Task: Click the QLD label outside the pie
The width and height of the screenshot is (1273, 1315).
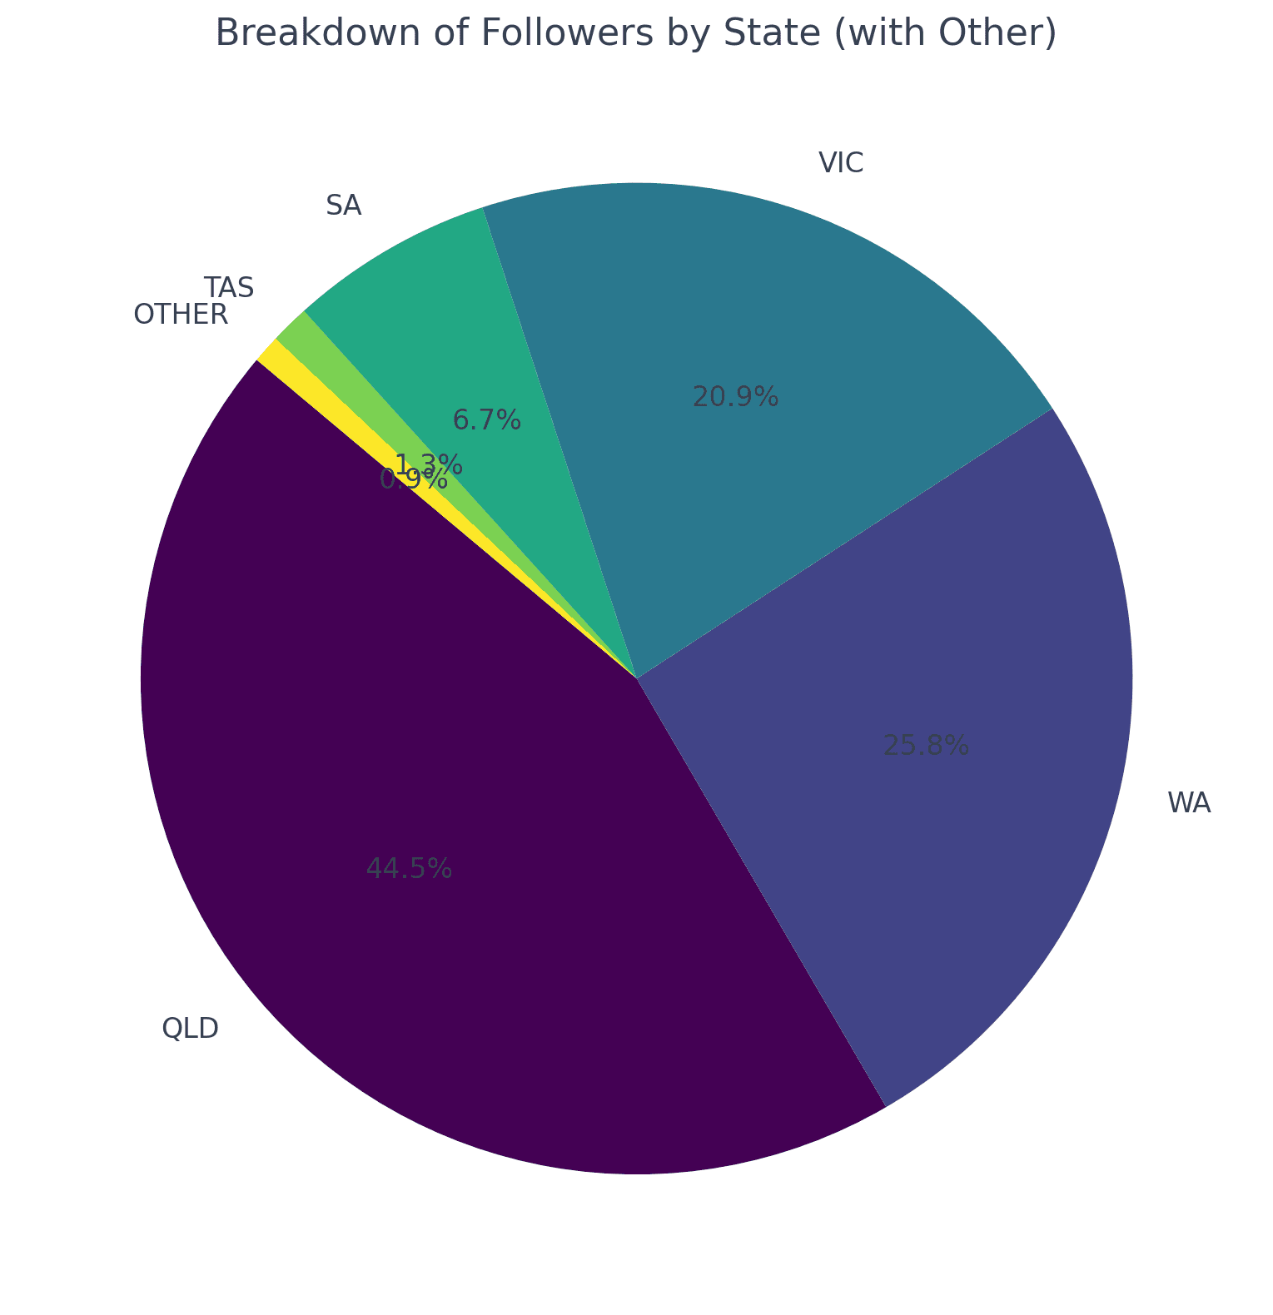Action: click(x=190, y=1029)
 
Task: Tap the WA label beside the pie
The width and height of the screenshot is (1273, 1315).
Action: click(x=1189, y=803)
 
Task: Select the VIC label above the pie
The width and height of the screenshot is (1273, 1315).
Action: click(x=841, y=163)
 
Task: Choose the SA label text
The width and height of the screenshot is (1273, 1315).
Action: click(x=343, y=206)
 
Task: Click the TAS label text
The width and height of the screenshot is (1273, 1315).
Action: click(x=229, y=288)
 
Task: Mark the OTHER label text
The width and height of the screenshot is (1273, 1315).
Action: click(x=181, y=315)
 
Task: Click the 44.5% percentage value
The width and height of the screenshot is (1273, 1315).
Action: click(x=409, y=869)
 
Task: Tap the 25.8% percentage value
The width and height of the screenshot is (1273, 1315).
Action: click(x=926, y=746)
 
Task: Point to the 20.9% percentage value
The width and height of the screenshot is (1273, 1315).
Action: click(x=735, y=398)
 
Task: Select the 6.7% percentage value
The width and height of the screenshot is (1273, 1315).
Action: click(x=486, y=420)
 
